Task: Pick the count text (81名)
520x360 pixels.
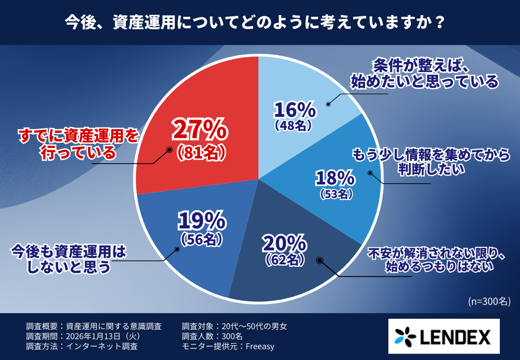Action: pos(200,152)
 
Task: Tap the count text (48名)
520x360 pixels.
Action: pos(294,126)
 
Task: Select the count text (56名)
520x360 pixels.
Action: pos(201,238)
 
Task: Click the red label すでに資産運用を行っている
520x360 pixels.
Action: pos(77,144)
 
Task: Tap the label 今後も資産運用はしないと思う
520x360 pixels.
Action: pos(68,259)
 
